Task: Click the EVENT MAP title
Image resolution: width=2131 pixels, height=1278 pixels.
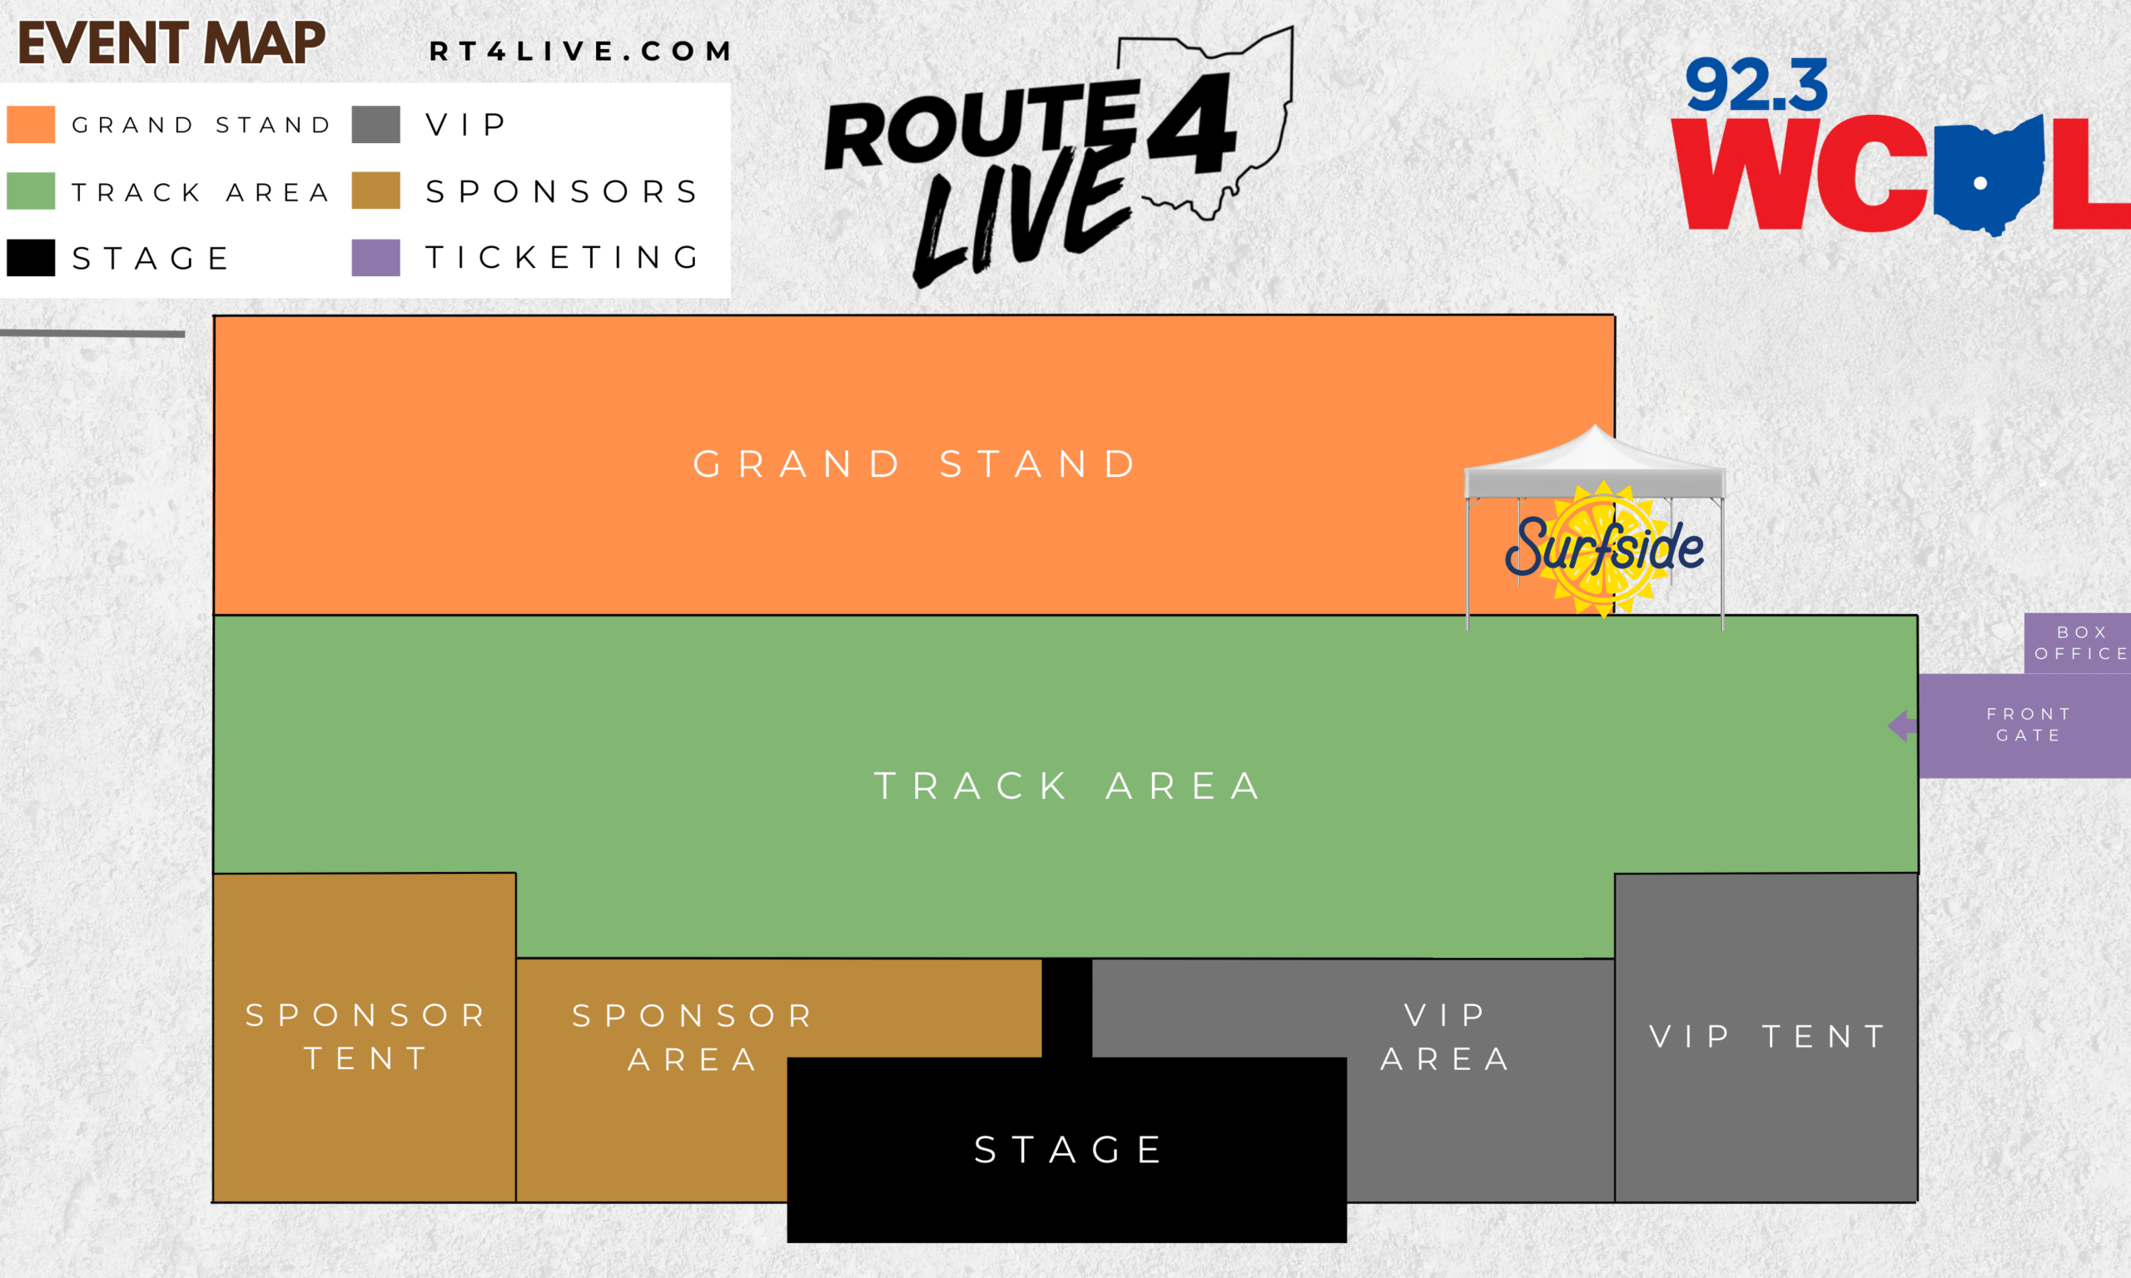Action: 171,43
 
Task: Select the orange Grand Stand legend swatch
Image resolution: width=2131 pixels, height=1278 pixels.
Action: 31,124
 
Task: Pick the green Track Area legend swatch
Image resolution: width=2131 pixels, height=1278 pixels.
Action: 31,191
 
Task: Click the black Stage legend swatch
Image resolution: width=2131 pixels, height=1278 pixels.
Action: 31,257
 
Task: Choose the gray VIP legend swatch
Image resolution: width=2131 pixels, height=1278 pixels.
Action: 376,124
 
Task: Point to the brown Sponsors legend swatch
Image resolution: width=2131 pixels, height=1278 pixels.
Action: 376,191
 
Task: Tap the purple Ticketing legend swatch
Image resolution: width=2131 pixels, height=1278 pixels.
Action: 376,257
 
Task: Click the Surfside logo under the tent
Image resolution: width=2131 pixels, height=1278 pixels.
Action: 1604,548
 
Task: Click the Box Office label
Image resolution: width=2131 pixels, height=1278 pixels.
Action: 2081,643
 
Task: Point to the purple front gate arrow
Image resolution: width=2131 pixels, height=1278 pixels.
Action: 1903,726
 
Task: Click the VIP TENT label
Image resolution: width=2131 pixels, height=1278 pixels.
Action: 1768,1037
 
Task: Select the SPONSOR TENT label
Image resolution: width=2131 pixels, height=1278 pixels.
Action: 366,1037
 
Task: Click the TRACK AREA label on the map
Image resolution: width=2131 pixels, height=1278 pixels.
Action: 1068,786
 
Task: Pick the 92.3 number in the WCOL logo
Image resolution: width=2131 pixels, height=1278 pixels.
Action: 1756,85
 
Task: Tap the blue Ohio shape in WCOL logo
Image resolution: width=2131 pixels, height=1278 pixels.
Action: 1989,176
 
